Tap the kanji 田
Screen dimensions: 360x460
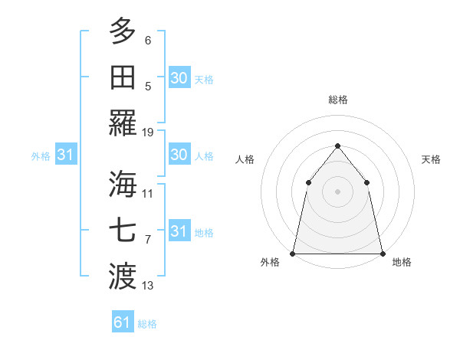pos(123,77)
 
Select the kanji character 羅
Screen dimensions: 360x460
pos(123,123)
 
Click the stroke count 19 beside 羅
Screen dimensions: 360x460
pos(148,133)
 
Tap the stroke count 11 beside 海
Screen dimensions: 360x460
pos(148,193)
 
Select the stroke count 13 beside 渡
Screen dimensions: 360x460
pos(148,286)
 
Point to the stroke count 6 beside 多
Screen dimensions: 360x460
pos(148,40)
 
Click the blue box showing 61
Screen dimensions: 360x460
pos(123,322)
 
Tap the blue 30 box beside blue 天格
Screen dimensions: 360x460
pos(179,78)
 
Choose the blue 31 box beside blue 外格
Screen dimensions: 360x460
pos(65,155)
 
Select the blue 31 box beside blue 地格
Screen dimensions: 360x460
pos(179,231)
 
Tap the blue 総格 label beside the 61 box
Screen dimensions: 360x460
pos(147,324)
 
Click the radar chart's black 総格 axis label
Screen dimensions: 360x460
pos(337,100)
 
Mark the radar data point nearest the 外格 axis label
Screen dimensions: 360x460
pos(293,253)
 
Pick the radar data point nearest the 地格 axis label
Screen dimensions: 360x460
pos(382,253)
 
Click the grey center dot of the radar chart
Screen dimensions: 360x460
pos(337,191)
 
